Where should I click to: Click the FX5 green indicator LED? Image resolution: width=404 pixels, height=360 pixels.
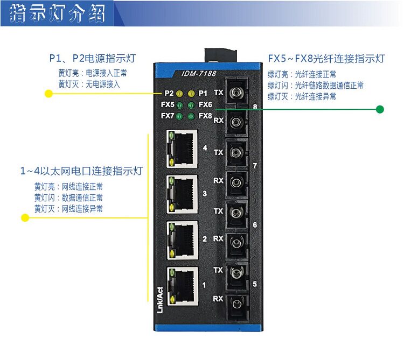(179, 104)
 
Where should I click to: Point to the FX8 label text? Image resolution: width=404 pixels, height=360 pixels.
(205, 116)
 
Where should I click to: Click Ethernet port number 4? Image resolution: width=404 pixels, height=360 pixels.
(182, 147)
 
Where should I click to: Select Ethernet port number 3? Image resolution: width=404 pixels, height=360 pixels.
(182, 193)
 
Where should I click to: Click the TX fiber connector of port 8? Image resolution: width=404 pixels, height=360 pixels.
(235, 93)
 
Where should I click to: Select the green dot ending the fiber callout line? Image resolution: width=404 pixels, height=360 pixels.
(380, 109)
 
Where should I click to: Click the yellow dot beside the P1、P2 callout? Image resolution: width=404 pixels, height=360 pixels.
(48, 94)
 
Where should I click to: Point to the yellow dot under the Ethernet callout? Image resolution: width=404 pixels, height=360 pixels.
(25, 218)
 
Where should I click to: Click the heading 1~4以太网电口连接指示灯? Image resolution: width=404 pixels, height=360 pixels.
(81, 172)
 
